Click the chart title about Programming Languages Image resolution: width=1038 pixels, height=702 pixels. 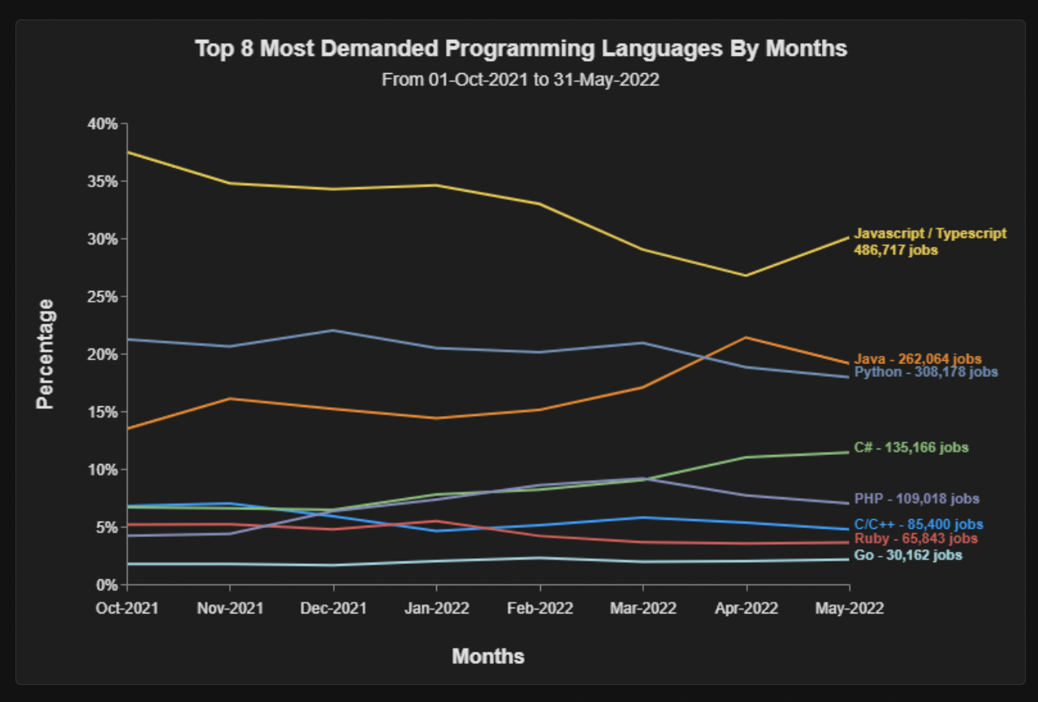click(521, 49)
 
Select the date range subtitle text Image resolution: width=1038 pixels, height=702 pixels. click(521, 80)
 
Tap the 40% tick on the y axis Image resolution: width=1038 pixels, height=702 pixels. click(104, 123)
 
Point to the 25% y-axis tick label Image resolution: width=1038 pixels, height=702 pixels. click(104, 297)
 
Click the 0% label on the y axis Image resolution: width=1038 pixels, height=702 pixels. click(108, 584)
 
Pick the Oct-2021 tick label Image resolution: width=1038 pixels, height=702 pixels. click(128, 608)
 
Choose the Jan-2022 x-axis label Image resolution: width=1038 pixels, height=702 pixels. click(437, 608)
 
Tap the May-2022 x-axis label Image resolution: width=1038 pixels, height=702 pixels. click(849, 608)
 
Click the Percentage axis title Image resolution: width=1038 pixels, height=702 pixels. click(46, 353)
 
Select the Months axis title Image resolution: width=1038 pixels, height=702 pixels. click(488, 656)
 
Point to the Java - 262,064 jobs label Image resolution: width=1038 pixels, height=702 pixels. click(918, 358)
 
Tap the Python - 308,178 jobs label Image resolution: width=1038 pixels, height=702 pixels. click(926, 372)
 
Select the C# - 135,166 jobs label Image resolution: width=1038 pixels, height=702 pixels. click(910, 448)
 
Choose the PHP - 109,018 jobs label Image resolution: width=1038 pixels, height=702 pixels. click(916, 499)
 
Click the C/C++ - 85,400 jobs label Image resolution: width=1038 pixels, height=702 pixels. click(918, 525)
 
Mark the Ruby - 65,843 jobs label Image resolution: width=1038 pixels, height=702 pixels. click(915, 539)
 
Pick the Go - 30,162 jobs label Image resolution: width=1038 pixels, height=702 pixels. click(908, 556)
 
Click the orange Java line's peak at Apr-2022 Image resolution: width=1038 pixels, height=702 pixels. click(746, 337)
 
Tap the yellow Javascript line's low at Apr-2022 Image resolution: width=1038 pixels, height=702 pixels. click(746, 275)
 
